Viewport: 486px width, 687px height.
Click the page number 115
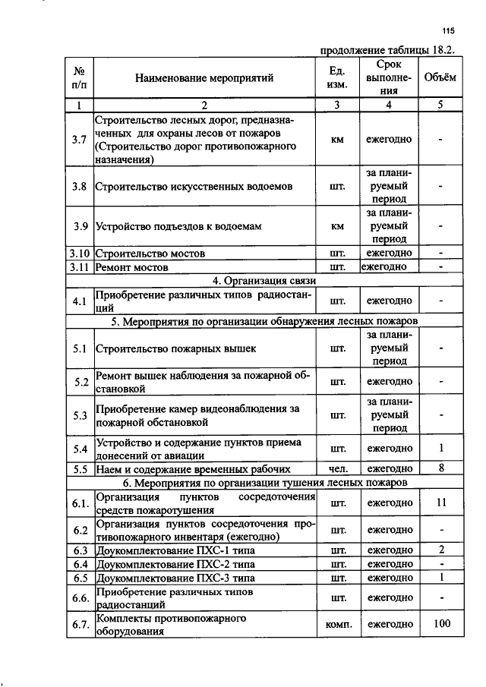pyautogui.click(x=447, y=31)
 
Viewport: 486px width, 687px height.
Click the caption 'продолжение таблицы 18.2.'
pyautogui.click(x=387, y=51)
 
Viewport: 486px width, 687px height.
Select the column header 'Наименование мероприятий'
pyautogui.click(x=204, y=77)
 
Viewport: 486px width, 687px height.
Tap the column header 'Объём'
pyautogui.click(x=440, y=77)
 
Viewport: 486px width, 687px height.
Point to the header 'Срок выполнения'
pyautogui.click(x=388, y=77)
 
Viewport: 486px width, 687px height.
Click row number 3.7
pyautogui.click(x=80, y=140)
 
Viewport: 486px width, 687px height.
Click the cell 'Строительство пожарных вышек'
pyautogui.click(x=175, y=349)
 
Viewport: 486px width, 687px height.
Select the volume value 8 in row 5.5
pyautogui.click(x=440, y=468)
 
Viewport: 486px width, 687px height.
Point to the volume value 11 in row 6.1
pyautogui.click(x=440, y=503)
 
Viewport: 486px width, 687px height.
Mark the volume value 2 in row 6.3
pyautogui.click(x=440, y=550)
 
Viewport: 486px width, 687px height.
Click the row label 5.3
pyautogui.click(x=80, y=415)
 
